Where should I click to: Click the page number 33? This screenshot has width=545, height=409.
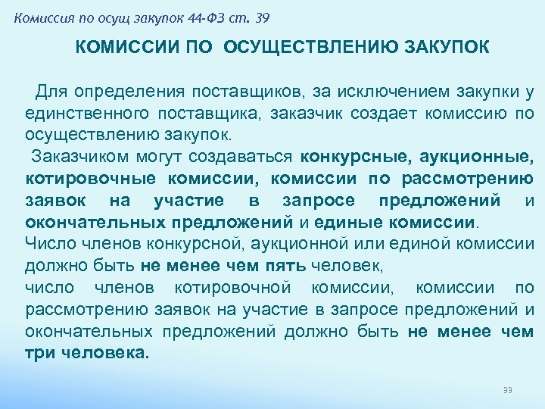(508, 390)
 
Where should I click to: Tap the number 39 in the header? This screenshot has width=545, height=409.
(263, 18)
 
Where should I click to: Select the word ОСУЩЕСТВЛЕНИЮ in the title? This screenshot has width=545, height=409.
(305, 48)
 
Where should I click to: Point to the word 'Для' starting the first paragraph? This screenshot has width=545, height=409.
(52, 92)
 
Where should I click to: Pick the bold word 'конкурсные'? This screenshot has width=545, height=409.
(345, 158)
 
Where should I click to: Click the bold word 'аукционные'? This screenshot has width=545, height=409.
(480, 158)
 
